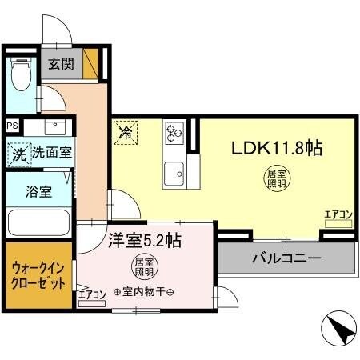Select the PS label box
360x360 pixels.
[12, 126]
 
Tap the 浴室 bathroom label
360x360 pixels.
[37, 192]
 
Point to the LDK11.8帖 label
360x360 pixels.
[276, 149]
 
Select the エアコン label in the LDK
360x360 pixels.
[338, 214]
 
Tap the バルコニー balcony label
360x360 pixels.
[286, 258]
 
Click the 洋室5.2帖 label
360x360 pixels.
[144, 239]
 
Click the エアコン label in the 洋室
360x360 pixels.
[93, 294]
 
